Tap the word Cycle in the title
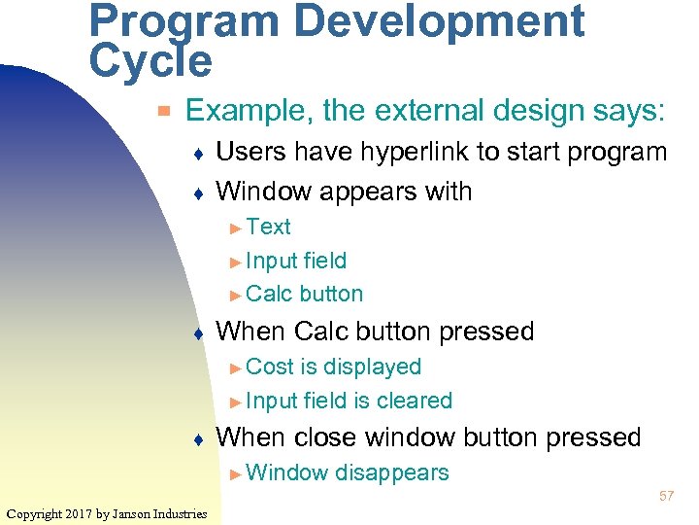coord(150,61)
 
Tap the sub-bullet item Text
coord(268,227)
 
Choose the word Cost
coord(270,367)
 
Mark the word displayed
coord(372,367)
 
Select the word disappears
coord(391,472)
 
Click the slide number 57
coord(667,496)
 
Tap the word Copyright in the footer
coord(35,513)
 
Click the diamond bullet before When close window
coord(198,439)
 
